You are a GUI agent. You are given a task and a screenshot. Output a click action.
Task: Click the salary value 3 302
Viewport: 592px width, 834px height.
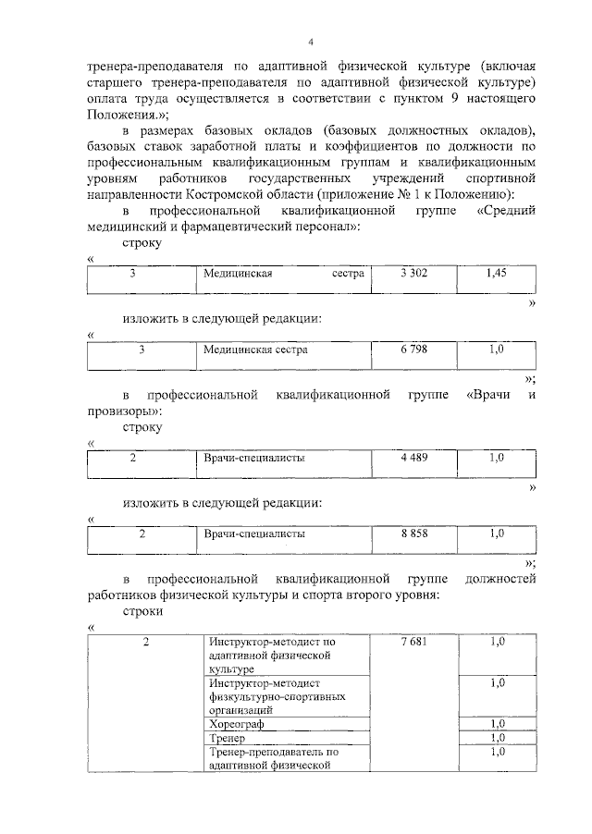coord(413,274)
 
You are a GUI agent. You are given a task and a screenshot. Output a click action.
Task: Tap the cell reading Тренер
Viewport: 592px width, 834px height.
coord(227,738)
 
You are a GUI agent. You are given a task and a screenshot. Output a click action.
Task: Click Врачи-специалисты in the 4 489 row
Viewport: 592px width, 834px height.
coord(254,458)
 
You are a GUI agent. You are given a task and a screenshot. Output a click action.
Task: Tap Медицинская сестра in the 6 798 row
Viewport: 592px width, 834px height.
coord(256,350)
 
